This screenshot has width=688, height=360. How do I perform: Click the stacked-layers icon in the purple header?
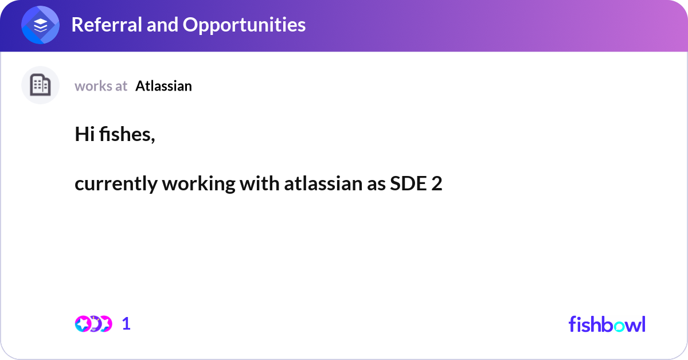[40, 26]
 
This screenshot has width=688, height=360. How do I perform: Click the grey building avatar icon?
[40, 85]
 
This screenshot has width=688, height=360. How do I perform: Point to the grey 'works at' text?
[101, 86]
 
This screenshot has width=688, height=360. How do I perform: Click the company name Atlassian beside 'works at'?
[163, 86]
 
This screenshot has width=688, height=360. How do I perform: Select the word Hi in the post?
[84, 135]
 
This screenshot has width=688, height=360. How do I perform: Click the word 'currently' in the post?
[116, 185]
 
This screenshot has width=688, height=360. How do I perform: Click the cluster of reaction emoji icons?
[93, 324]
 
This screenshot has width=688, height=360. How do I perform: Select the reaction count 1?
[126, 324]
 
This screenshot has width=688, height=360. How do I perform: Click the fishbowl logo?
[607, 324]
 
